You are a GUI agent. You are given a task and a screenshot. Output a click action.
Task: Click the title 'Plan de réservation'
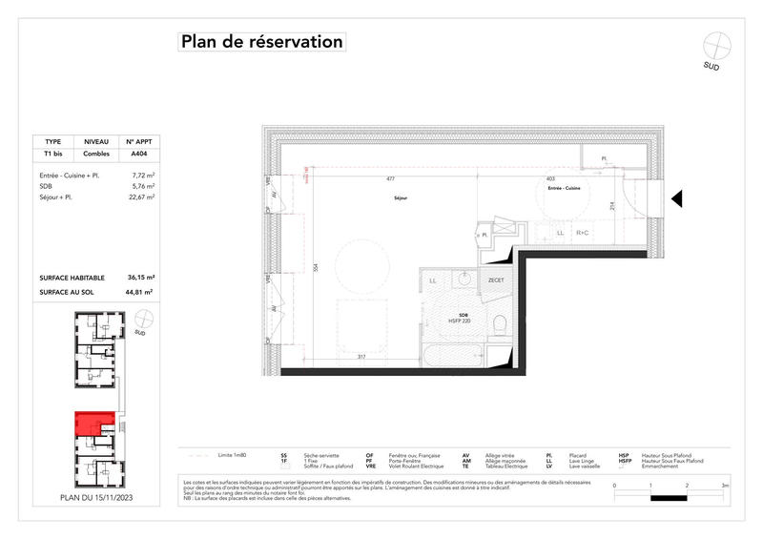pos(260,42)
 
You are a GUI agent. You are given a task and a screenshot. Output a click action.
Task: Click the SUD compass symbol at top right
pos(715,45)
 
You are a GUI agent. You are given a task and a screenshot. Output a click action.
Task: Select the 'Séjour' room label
pos(401,198)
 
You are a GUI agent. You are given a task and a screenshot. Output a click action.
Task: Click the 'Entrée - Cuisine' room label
pos(563,189)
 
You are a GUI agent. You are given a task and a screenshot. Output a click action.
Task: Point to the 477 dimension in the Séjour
pos(390,178)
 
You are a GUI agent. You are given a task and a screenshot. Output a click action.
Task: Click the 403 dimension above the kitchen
pos(550,178)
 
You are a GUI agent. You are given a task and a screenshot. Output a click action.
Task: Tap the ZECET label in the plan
pos(496,280)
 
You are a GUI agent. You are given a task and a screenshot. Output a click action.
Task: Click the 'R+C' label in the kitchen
pos(582,233)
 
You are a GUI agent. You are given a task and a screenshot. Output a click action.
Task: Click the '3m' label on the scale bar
pos(725,486)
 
